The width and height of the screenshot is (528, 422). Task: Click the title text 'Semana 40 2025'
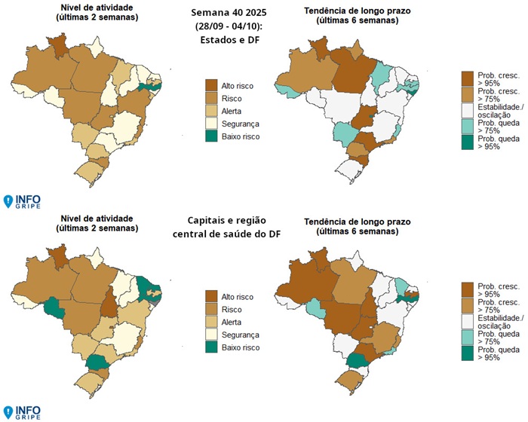tap(229, 12)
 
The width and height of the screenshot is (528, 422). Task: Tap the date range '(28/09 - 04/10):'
tap(229, 26)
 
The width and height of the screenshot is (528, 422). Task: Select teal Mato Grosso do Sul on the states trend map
tap(347, 133)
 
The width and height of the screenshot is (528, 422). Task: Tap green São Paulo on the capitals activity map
tap(97, 362)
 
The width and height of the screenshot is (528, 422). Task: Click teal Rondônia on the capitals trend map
tap(312, 309)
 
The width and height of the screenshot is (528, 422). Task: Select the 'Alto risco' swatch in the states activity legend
tap(211, 86)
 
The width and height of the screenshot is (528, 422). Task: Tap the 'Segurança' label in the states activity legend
tap(241, 123)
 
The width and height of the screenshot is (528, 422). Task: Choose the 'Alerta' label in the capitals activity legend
tap(236, 322)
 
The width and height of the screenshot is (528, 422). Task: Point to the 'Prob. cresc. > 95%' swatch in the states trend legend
tap(468, 78)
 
